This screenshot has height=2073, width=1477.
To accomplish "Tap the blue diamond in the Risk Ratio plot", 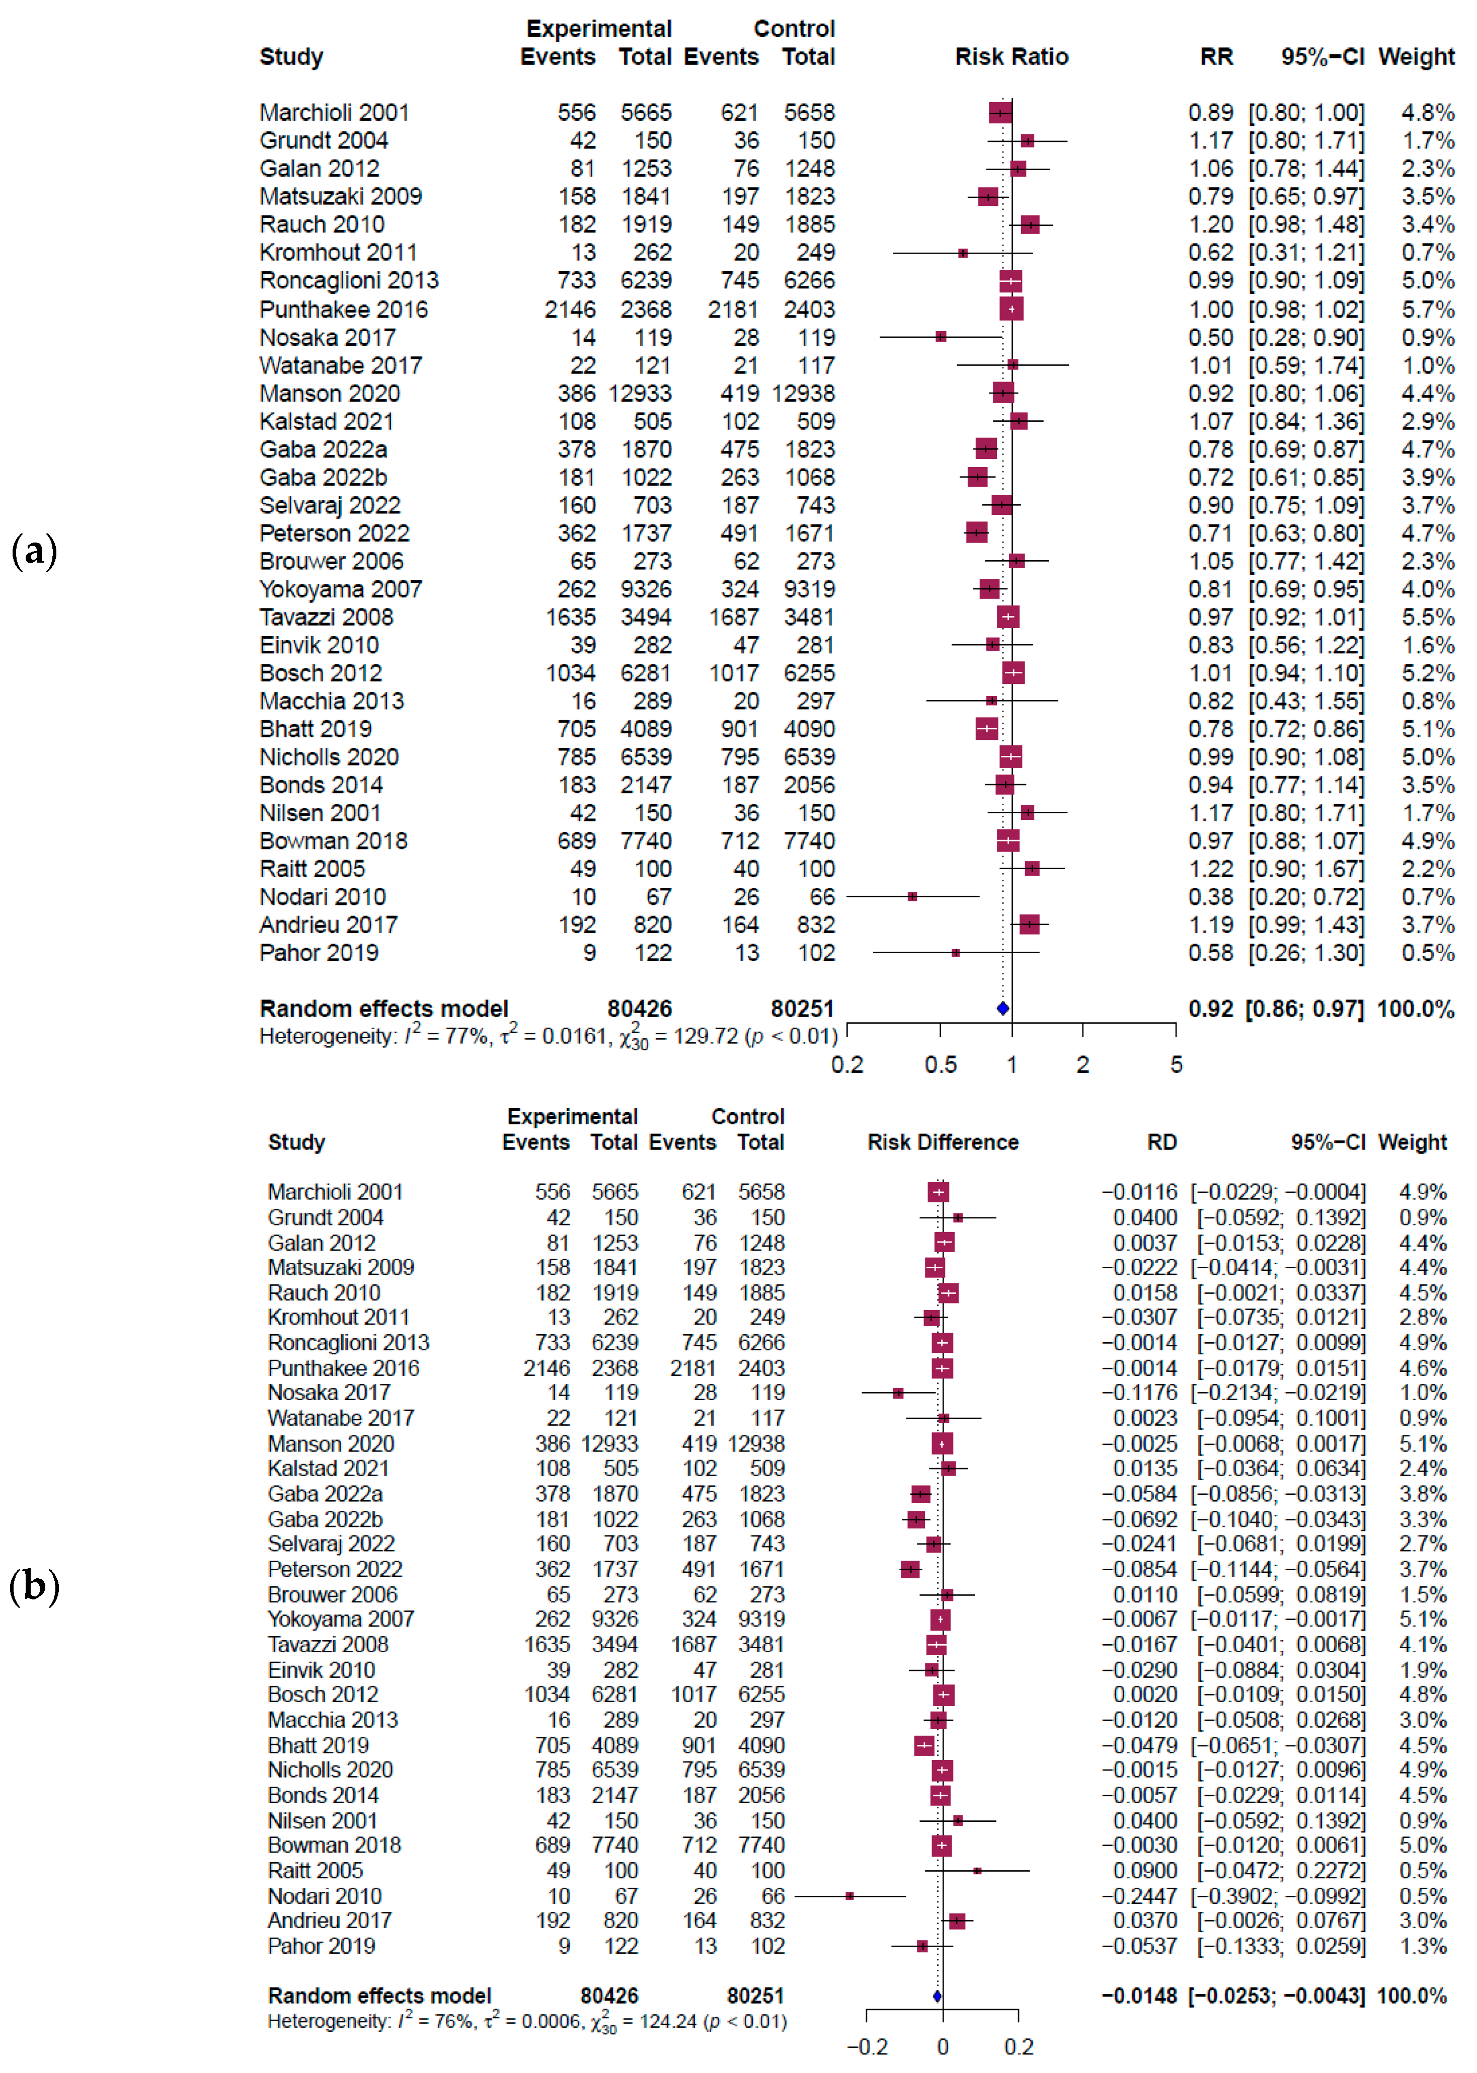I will pos(1002,1008).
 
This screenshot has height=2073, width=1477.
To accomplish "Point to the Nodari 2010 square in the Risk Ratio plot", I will pos(912,897).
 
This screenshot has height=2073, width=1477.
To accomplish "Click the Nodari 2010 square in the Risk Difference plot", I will pos(849,1896).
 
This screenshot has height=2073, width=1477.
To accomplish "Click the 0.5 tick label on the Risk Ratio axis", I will pos(941,1064).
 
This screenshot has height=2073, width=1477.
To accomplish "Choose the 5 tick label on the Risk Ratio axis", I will pos(1176,1064).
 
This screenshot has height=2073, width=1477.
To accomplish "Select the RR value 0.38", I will pos(1210,897).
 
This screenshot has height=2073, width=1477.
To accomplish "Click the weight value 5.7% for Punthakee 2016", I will pos(1427,310).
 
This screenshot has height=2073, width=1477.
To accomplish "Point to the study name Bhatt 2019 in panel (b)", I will pos(319,1745).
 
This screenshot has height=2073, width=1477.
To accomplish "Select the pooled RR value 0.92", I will pos(1210,1009).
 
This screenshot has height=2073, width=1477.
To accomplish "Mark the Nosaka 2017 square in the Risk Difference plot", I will pos(898,1394).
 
